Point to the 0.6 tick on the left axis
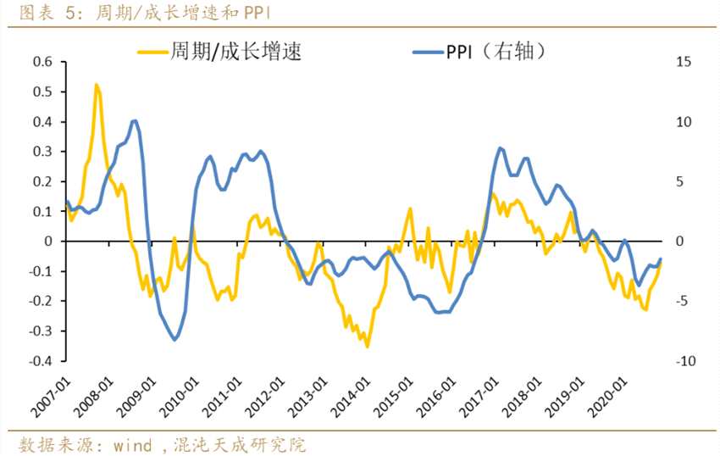[42, 62]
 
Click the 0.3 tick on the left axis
[42, 152]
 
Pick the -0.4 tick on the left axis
[39, 361]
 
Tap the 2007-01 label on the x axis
[53, 393]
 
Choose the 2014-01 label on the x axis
[353, 393]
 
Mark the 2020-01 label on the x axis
[612, 393]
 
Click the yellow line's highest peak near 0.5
[97, 85]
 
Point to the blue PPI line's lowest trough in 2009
[175, 340]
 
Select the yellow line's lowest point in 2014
[367, 346]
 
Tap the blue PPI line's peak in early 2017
[501, 148]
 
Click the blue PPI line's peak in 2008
[135, 121]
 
